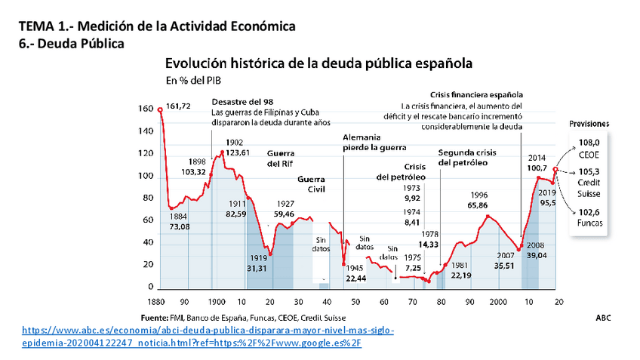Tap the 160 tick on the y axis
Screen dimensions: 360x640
coord(146,109)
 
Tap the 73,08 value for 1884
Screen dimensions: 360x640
coord(179,226)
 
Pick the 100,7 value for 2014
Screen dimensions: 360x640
coord(537,167)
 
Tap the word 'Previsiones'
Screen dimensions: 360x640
coord(589,123)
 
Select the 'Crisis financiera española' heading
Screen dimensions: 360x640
coord(475,95)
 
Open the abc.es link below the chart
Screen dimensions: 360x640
coord(208,337)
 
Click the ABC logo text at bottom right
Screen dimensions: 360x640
coord(602,317)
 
